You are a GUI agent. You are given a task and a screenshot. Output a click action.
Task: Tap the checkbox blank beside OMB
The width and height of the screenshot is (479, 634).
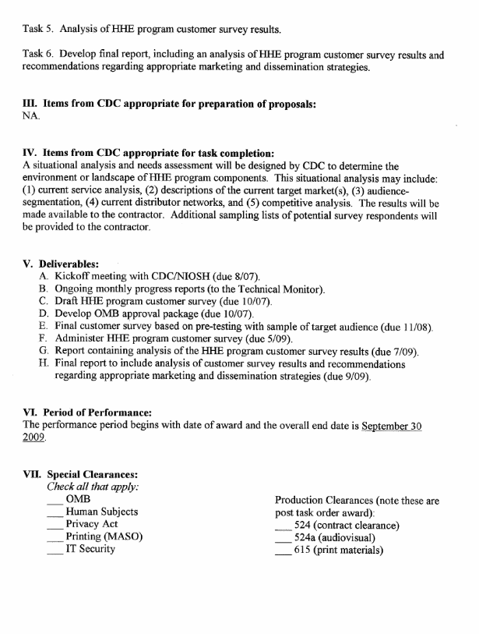55,501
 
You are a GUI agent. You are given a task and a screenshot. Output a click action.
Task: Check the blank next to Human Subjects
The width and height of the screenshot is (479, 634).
55,513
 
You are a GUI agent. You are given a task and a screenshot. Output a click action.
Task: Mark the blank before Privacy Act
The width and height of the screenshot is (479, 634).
55,526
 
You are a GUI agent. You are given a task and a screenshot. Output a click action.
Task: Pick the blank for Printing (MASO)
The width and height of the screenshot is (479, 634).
55,538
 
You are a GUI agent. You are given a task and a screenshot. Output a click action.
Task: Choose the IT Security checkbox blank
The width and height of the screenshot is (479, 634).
55,551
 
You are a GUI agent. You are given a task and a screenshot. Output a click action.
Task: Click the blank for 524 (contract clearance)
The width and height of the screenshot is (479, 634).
284,526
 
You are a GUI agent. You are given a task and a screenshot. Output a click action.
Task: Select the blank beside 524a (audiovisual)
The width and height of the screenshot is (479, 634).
284,539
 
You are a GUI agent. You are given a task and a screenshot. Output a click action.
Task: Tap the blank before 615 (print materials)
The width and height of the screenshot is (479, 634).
284,551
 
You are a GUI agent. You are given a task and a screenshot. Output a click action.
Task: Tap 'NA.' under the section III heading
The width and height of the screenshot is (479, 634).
32,116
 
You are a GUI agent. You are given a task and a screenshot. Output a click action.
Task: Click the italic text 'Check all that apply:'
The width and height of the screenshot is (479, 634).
93,487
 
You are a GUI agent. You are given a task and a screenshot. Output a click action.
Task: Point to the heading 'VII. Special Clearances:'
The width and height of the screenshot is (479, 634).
83,474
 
